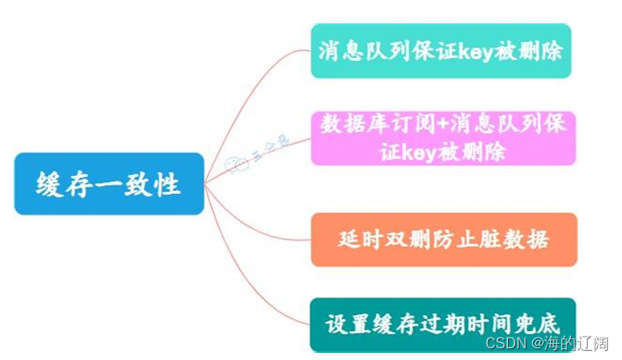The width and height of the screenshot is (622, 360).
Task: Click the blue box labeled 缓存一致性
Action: pyautogui.click(x=109, y=184)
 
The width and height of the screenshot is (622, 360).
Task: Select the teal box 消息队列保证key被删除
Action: pyautogui.click(x=441, y=50)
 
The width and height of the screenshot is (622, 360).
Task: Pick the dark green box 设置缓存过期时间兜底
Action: pyautogui.click(x=442, y=323)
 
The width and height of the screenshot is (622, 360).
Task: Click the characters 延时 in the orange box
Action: pyautogui.click(x=357, y=240)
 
